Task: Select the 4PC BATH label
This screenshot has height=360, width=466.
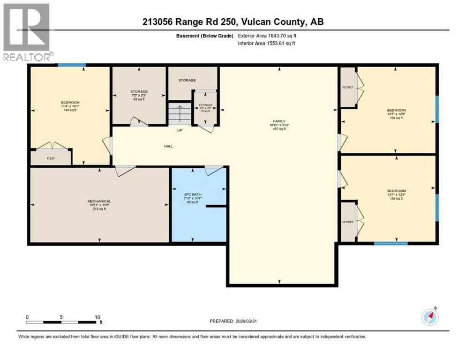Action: pyautogui.click(x=192, y=188)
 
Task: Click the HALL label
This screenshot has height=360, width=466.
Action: pyautogui.click(x=168, y=146)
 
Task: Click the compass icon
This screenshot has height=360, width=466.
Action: pyautogui.click(x=430, y=317)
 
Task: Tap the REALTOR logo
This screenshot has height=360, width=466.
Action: pyautogui.click(x=27, y=32)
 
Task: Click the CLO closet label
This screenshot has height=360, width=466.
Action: pyautogui.click(x=51, y=158)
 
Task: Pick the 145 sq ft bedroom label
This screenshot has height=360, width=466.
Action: pyautogui.click(x=70, y=103)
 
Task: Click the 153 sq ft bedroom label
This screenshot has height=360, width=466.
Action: pyautogui.click(x=396, y=191)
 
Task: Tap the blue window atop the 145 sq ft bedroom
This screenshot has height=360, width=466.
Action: pyautogui.click(x=71, y=65)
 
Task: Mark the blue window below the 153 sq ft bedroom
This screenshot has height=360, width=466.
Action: pyautogui.click(x=391, y=243)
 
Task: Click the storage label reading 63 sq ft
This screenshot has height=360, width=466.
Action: pyautogui.click(x=139, y=91)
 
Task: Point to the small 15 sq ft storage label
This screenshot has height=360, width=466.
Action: pyautogui.click(x=205, y=105)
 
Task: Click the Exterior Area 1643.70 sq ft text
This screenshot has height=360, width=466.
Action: pyautogui.click(x=267, y=36)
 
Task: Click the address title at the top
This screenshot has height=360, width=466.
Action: pyautogui.click(x=233, y=22)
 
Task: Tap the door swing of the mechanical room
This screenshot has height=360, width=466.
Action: pyautogui.click(x=126, y=171)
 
